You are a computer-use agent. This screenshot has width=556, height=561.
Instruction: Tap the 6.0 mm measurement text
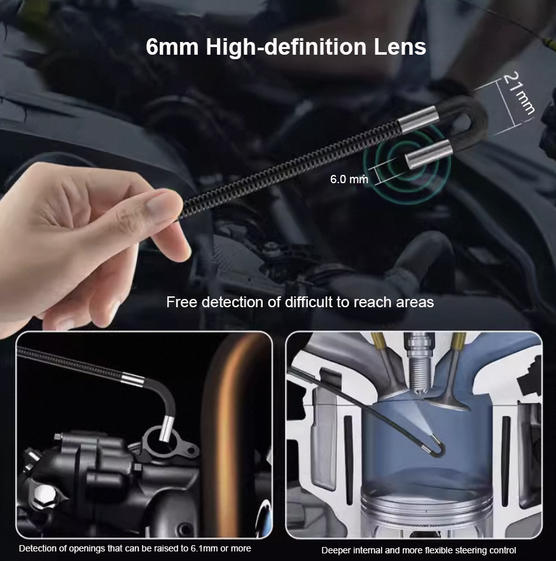349,179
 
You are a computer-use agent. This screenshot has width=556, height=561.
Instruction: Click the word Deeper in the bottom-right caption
335,550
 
